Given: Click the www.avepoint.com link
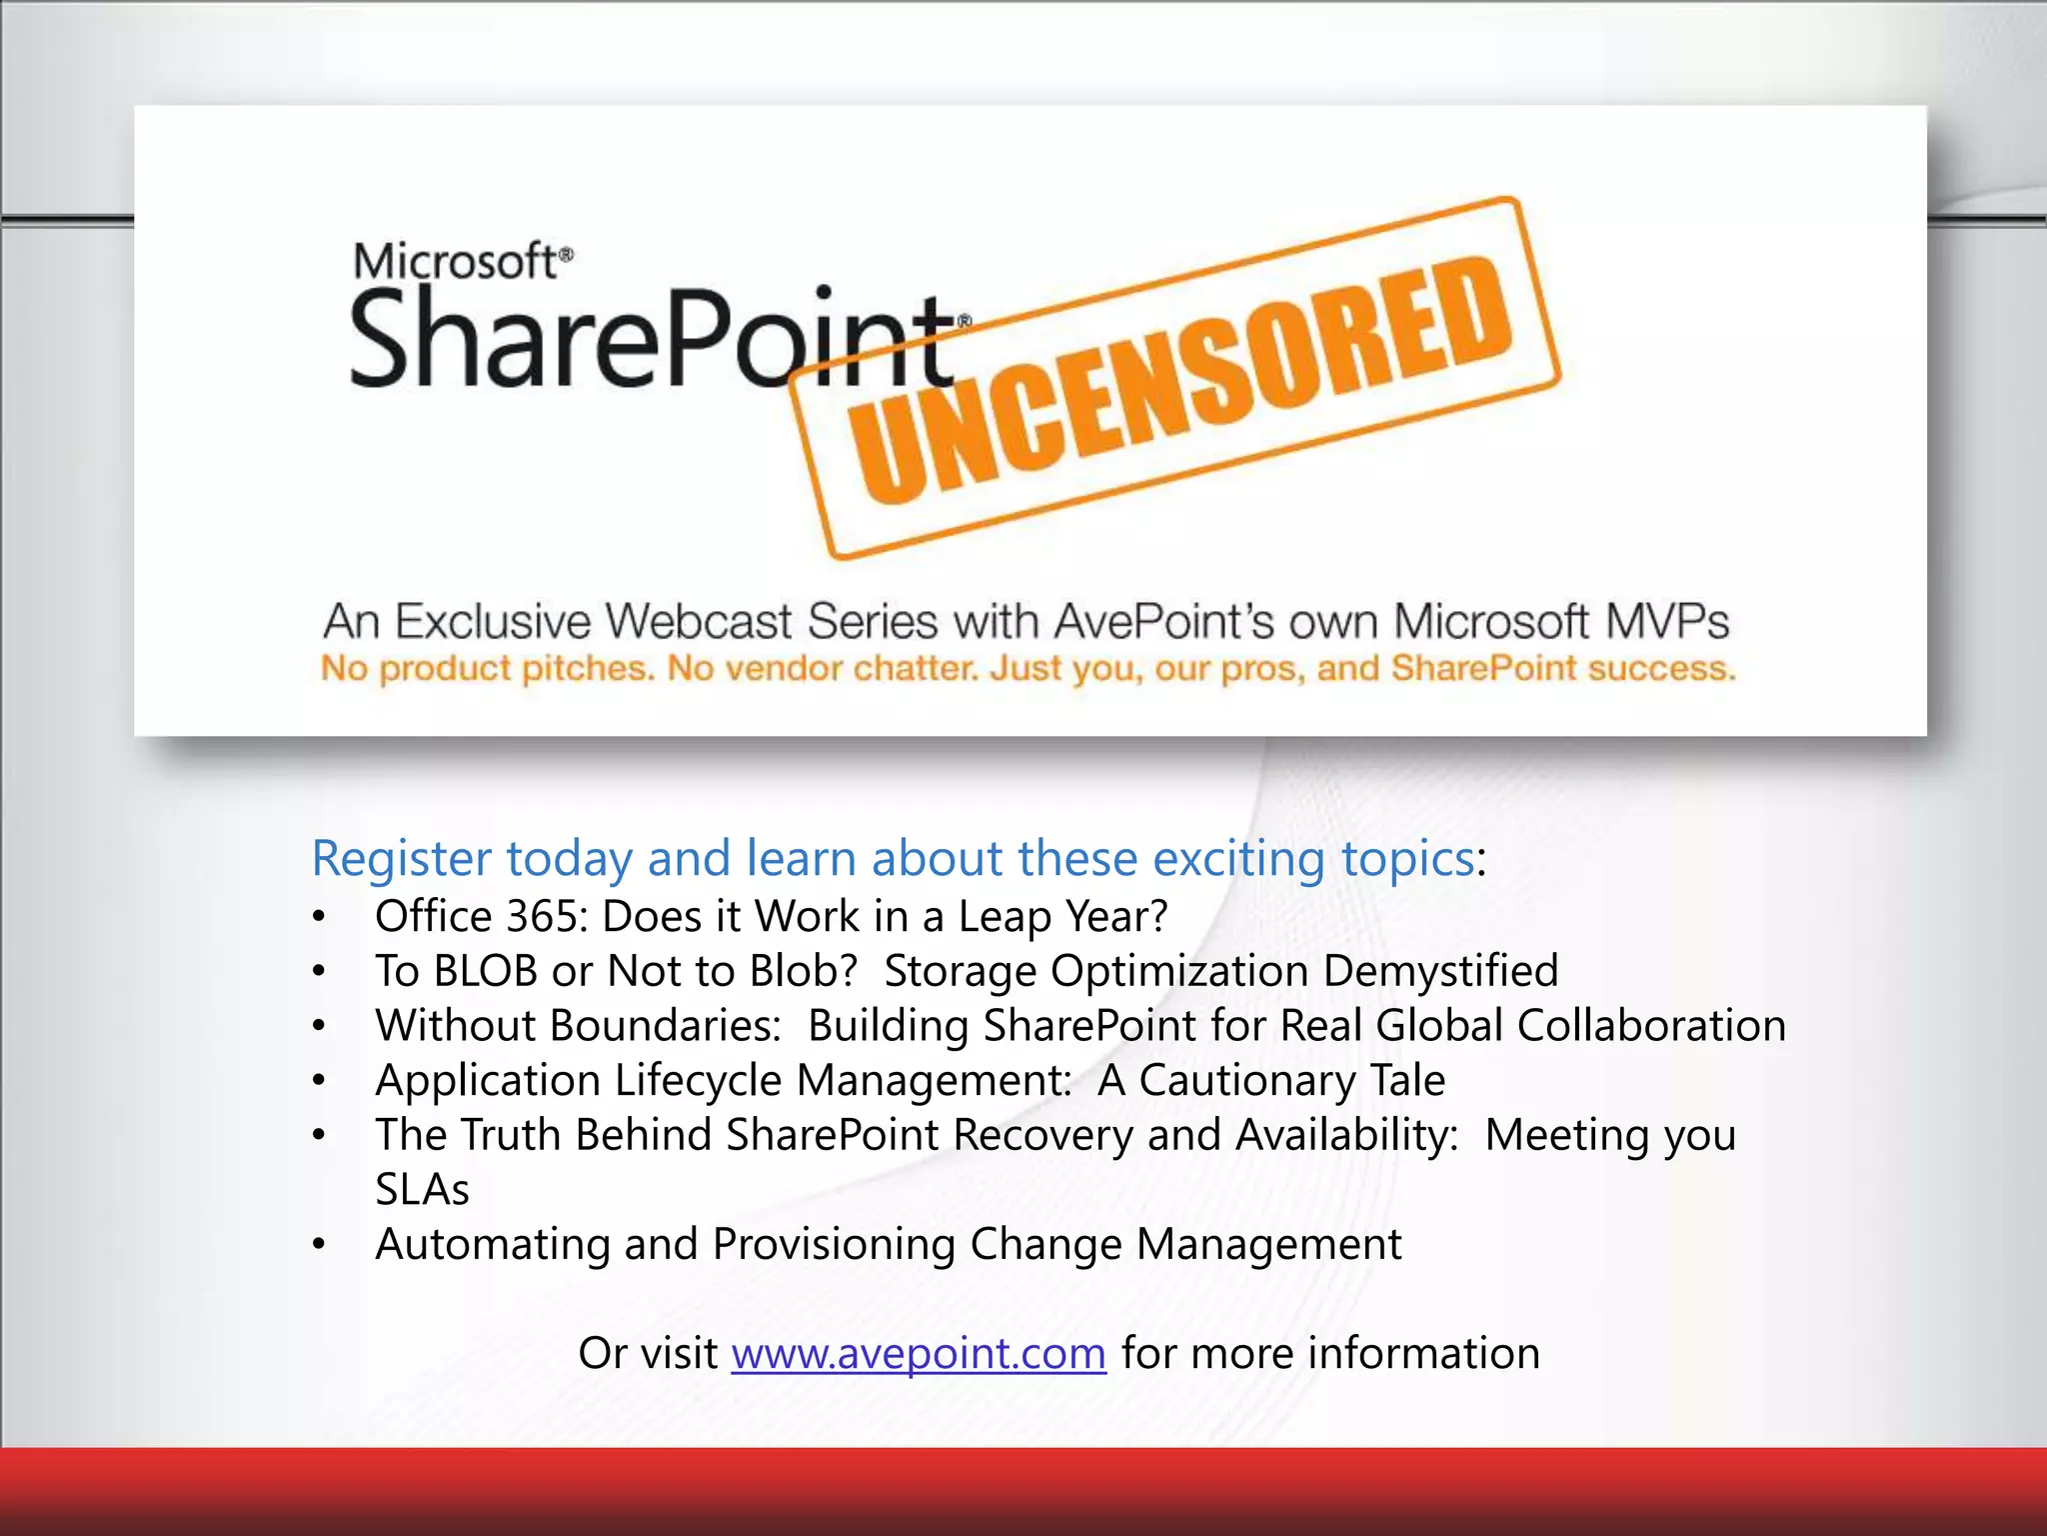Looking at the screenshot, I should (919, 1354).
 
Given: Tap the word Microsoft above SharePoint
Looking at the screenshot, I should (458, 262).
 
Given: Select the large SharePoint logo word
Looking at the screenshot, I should (650, 338).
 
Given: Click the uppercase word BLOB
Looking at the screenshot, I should (486, 971).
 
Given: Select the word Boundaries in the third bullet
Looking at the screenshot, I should (665, 1026).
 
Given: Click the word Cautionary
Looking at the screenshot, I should (1247, 1081).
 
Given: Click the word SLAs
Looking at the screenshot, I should (422, 1190).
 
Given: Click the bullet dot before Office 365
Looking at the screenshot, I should (318, 917).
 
